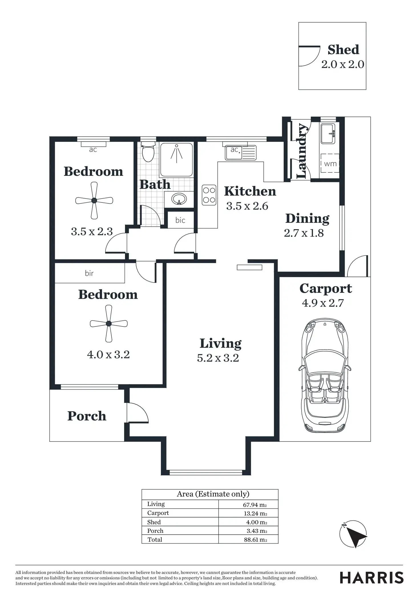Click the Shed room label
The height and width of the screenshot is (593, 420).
point(343,50)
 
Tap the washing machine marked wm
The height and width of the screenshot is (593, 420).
point(330,163)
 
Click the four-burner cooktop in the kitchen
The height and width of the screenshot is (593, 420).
point(209,195)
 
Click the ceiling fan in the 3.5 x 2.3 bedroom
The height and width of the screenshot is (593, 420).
point(94,201)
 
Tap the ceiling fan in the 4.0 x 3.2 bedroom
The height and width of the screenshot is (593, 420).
point(109,324)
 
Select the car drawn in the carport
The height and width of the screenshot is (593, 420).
point(325,377)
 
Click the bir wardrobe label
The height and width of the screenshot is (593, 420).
point(89,273)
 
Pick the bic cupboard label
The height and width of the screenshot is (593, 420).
point(180,220)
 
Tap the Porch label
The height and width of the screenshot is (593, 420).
point(87,416)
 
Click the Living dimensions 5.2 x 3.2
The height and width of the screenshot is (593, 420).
point(218,358)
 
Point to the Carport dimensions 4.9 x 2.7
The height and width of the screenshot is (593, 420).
point(323,303)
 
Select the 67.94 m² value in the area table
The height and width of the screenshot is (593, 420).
point(255,505)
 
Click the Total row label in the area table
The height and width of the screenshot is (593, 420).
point(155,539)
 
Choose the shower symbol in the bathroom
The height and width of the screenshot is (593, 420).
point(177,160)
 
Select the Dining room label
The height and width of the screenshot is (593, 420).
point(307,219)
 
